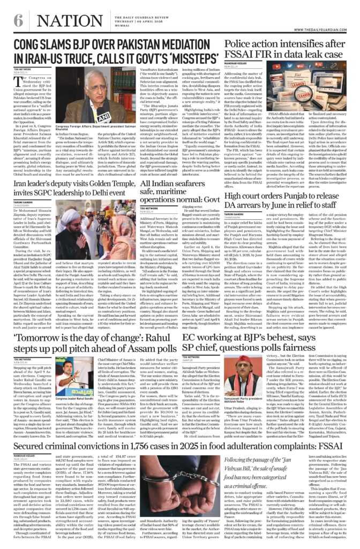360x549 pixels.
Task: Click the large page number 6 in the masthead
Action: coord(18,20)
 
